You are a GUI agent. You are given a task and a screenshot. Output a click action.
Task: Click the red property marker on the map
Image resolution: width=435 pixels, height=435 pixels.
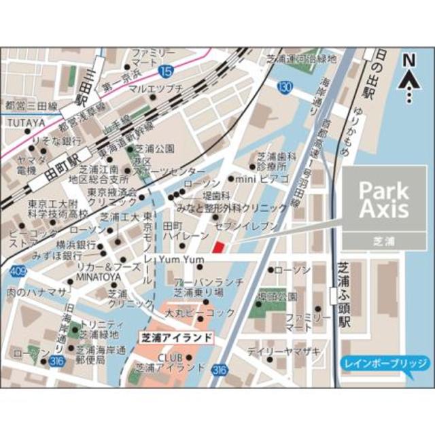[217, 247]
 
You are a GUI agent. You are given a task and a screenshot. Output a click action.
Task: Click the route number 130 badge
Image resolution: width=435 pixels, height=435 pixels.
[285, 87]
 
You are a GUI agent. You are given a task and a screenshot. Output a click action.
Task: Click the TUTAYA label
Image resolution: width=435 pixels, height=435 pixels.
[27, 123]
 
